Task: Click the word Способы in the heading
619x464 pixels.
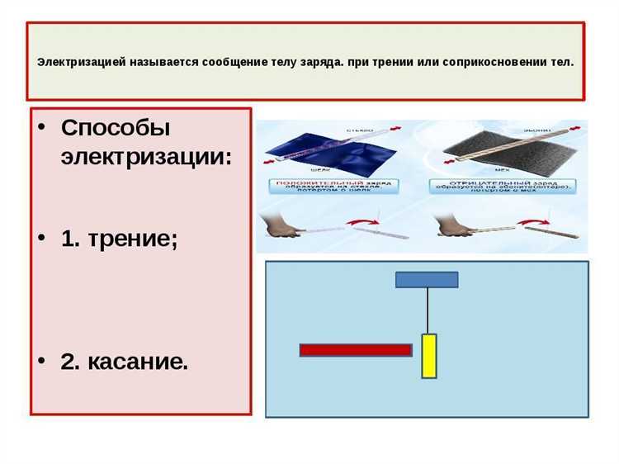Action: (116, 129)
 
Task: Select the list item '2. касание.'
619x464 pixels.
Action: (125, 361)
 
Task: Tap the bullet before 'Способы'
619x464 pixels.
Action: (42, 129)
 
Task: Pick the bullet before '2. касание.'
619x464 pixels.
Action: (42, 361)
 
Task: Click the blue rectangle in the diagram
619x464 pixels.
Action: (427, 280)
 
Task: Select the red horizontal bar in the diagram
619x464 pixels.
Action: (355, 350)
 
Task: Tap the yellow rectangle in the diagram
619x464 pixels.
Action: (429, 356)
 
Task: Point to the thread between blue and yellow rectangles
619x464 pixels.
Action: (428, 310)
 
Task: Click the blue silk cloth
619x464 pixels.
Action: (330, 152)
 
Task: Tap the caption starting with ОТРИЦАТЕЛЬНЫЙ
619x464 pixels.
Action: (503, 186)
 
